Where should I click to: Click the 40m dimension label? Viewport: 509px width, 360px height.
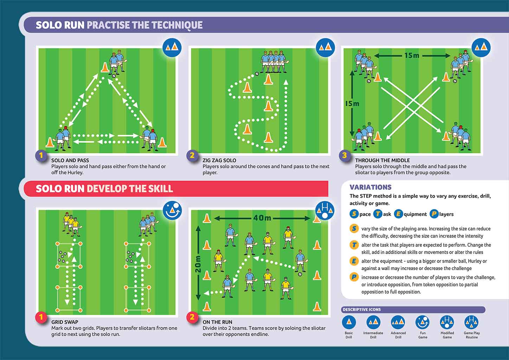click(x=262, y=218)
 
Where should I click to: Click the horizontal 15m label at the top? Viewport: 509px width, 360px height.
click(x=412, y=56)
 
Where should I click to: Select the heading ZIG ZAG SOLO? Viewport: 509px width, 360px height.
click(x=219, y=160)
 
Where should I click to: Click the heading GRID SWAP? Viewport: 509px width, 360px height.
click(x=65, y=322)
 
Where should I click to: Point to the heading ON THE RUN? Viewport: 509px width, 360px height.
click(x=218, y=322)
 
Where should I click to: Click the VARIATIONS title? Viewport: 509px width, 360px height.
click(x=371, y=187)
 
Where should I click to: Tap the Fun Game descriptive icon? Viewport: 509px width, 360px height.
click(x=423, y=322)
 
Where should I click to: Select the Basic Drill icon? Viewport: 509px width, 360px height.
click(x=349, y=322)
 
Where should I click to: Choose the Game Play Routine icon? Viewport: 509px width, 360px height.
click(x=471, y=322)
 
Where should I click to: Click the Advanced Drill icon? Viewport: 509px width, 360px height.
click(x=398, y=322)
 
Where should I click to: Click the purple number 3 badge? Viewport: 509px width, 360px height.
click(x=344, y=155)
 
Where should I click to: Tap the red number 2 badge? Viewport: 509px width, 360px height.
click(x=192, y=317)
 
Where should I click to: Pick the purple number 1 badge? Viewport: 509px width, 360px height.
click(x=41, y=155)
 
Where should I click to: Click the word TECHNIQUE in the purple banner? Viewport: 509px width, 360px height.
click(x=177, y=25)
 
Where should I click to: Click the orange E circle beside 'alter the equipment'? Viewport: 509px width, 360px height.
click(x=354, y=261)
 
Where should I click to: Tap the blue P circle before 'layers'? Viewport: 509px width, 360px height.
click(x=434, y=214)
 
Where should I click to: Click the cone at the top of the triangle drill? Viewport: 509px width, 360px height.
click(x=105, y=67)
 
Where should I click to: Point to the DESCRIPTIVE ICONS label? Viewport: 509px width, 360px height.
click(x=362, y=309)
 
